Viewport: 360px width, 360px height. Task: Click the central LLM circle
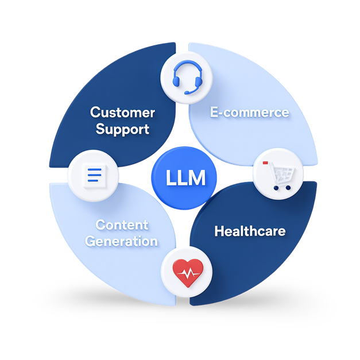[185, 178]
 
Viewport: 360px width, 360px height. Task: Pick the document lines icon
[92, 175]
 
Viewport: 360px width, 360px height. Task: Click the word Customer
[123, 113]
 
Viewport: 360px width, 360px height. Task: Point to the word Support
[123, 129]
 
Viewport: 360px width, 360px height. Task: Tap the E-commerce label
[249, 112]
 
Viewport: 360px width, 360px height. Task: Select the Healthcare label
[250, 231]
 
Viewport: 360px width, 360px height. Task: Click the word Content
[122, 224]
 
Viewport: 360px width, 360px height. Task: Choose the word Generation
[122, 241]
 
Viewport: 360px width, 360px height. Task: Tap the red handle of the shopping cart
[265, 163]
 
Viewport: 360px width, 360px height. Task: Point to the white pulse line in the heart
[187, 274]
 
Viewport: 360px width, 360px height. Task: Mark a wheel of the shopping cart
[276, 187]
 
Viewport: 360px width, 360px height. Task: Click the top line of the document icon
[93, 168]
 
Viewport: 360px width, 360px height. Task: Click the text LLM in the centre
[185, 178]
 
